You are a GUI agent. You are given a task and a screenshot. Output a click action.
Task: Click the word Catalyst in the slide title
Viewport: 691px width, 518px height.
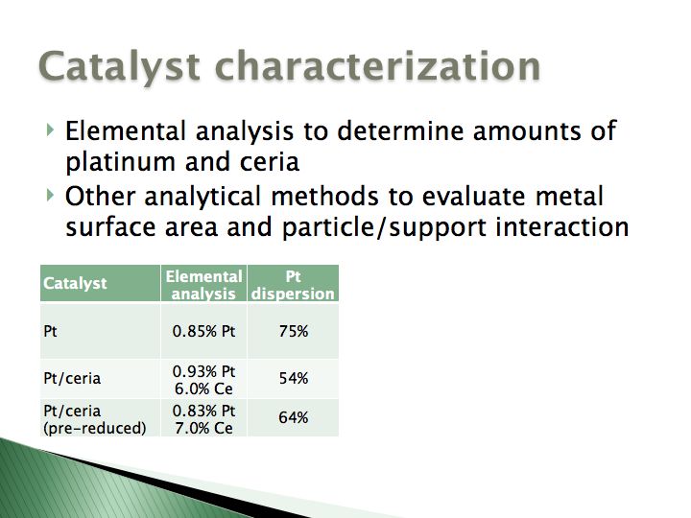[119, 67]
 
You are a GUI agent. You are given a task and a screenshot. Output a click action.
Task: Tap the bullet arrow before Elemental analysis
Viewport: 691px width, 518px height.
[50, 129]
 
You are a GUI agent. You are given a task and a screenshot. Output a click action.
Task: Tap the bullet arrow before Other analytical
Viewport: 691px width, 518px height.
[50, 195]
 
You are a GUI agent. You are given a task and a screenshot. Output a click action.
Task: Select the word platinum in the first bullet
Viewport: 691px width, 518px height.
[120, 162]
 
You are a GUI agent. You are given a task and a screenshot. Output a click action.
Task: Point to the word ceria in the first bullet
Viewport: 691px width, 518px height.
[270, 162]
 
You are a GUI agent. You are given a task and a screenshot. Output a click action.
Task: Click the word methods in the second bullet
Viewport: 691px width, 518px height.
[324, 196]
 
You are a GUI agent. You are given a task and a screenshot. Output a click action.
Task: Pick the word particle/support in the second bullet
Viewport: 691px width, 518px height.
[384, 227]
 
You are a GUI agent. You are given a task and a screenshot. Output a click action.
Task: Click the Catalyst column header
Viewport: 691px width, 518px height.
[75, 283]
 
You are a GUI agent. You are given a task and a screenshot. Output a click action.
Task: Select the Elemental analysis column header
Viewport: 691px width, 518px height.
[203, 285]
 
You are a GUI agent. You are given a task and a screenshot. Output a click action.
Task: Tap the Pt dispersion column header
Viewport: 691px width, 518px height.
[293, 285]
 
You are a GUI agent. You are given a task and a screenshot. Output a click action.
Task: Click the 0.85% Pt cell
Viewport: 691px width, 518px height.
[203, 331]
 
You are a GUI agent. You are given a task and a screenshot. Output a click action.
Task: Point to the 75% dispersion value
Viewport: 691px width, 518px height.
[293, 331]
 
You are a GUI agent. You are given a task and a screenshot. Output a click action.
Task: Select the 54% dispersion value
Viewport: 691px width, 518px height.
[293, 378]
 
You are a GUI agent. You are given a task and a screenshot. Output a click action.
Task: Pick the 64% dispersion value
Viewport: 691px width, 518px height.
[293, 417]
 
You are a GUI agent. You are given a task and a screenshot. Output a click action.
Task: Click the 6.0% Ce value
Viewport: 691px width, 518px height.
[203, 388]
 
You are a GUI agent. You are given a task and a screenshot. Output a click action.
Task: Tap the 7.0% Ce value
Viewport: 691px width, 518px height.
[203, 428]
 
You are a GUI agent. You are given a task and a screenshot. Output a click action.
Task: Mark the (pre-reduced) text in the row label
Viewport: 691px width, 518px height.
[95, 428]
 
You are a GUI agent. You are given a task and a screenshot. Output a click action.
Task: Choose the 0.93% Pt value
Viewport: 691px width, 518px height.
[203, 372]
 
